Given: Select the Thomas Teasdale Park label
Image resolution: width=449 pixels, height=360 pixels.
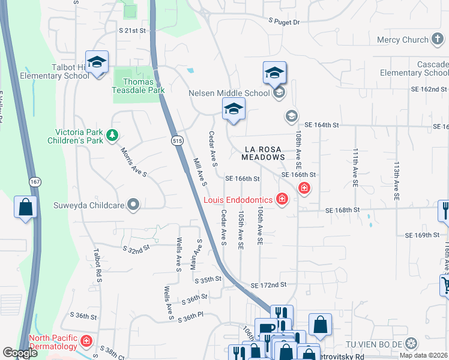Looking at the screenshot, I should point(139,86).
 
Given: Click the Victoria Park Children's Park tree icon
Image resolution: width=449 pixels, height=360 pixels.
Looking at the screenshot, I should point(111,136).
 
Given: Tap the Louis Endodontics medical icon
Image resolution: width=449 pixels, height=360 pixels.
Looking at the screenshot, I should point(282,200).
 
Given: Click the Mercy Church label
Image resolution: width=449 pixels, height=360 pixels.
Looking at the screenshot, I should point(402,40).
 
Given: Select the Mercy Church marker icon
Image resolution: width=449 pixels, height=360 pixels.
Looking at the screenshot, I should point(438,40).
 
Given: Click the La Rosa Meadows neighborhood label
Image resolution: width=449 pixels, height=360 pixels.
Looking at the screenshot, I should point(263,152).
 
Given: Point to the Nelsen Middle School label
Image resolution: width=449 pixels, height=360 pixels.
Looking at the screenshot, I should point(229,93).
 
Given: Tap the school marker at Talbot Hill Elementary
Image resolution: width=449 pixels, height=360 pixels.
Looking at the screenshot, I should point(96,63).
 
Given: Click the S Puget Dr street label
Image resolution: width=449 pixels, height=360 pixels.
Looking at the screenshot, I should point(284,21).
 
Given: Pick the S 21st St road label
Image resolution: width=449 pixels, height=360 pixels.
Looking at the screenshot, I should point(133,29).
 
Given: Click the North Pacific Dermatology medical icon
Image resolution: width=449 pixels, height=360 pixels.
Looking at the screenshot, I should point(86,341).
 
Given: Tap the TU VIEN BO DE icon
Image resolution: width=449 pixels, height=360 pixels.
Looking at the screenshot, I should point(411,344).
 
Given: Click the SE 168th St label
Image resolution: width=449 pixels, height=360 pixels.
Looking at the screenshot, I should point(342,210).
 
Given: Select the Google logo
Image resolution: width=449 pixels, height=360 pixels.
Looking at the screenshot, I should point(20,353).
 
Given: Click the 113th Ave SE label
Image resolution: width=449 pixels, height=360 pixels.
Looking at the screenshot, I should point(396,180).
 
